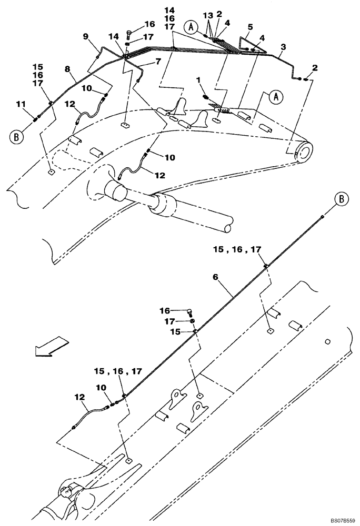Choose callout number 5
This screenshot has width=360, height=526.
pyautogui.click(x=249, y=26)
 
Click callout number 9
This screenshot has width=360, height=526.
pyautogui.click(x=85, y=36)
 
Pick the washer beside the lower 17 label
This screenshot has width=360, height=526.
pyautogui.click(x=193, y=321)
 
